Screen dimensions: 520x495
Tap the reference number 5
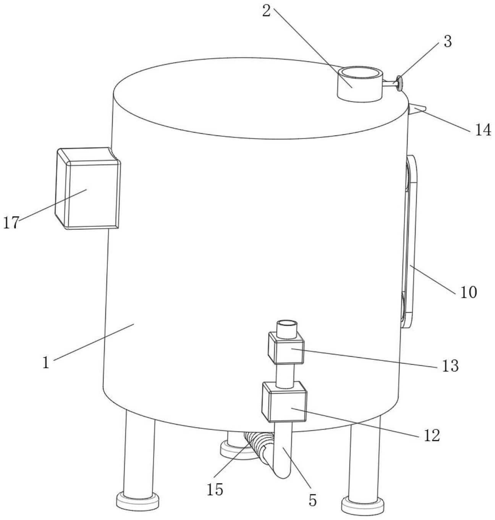(312, 501)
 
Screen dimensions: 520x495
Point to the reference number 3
(447, 41)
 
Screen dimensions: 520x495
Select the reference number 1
(46, 362)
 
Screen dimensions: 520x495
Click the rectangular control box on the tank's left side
(88, 189)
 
